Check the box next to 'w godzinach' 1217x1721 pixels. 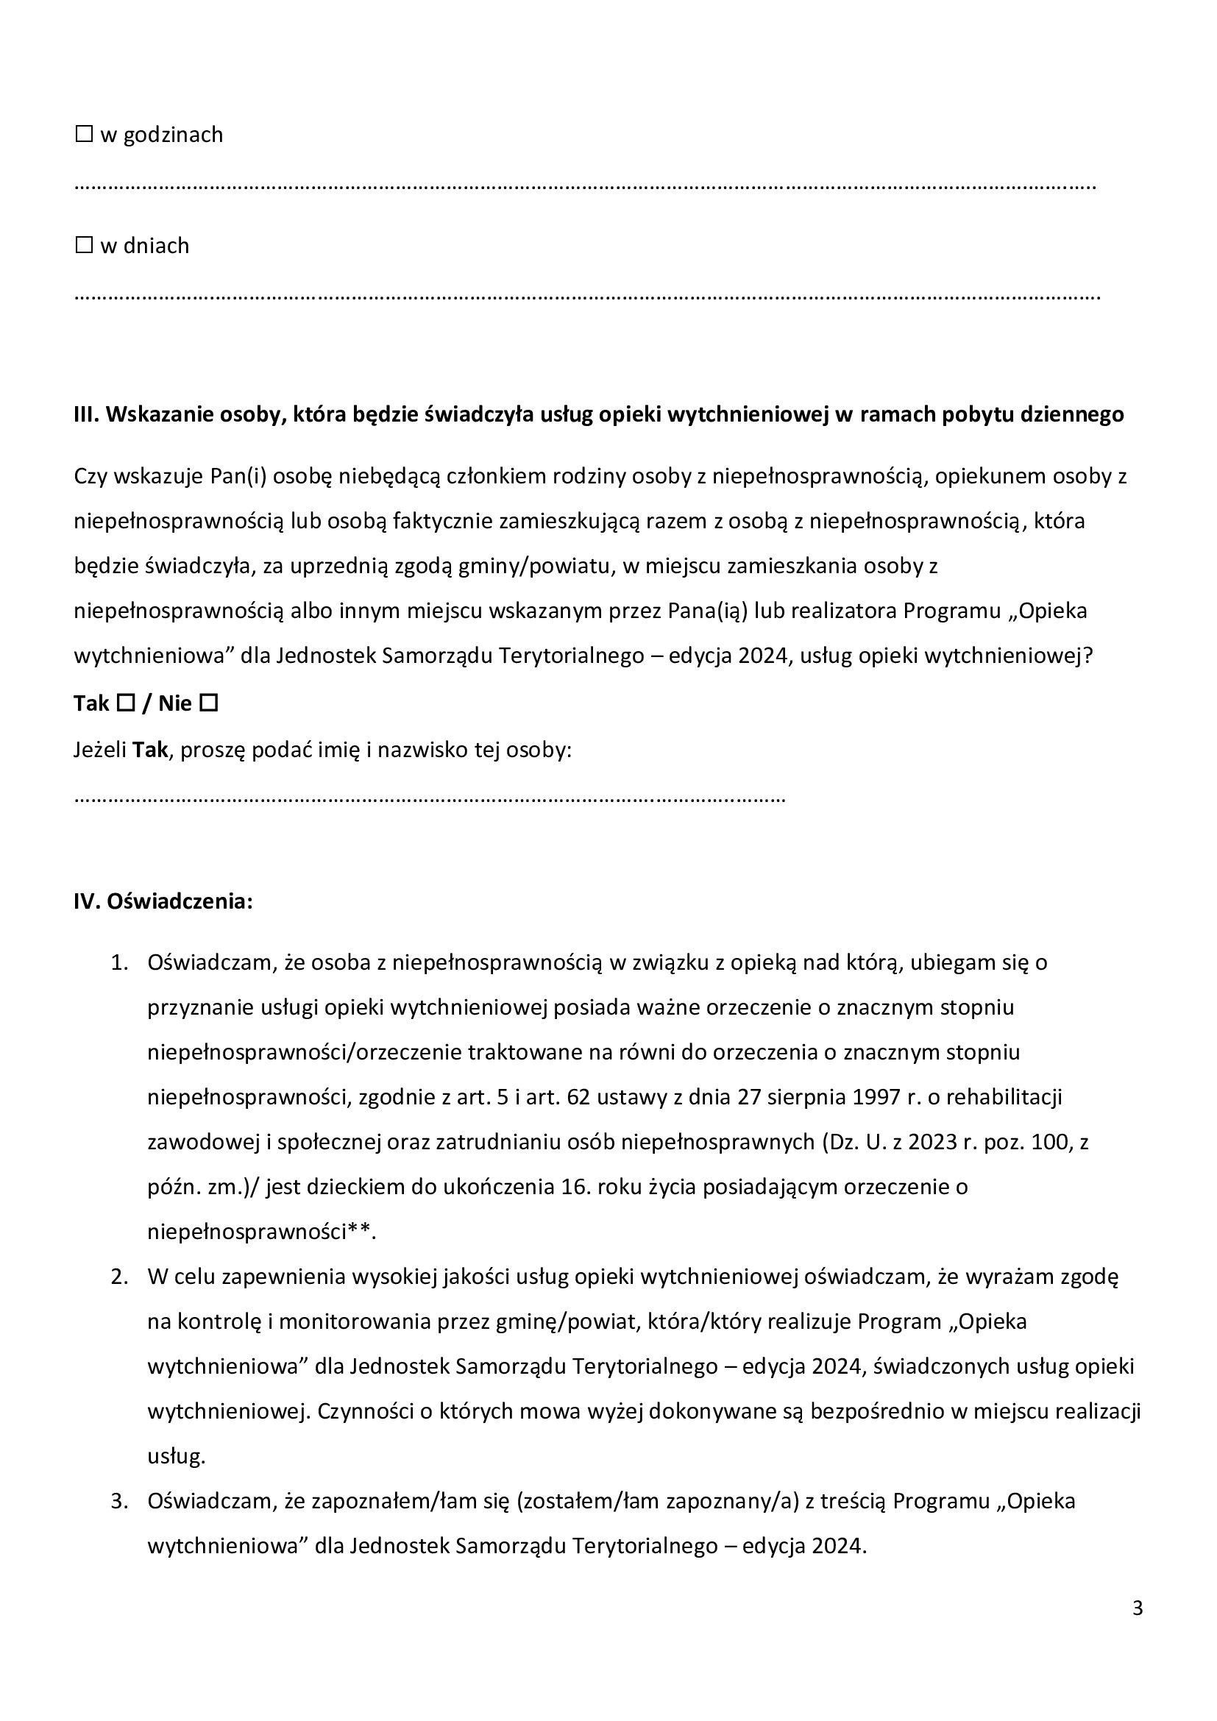pos(84,134)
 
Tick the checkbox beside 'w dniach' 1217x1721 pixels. pos(84,245)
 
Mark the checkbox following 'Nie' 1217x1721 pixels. pos(209,704)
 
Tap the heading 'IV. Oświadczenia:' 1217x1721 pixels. pos(163,901)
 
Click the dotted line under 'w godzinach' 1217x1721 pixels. pos(584,185)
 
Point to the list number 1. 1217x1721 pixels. pos(119,962)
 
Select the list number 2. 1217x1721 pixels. pos(120,1277)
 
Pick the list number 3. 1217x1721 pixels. pos(120,1500)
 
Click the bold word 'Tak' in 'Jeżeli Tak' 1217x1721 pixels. pos(150,751)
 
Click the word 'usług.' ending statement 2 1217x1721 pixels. pos(176,1456)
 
